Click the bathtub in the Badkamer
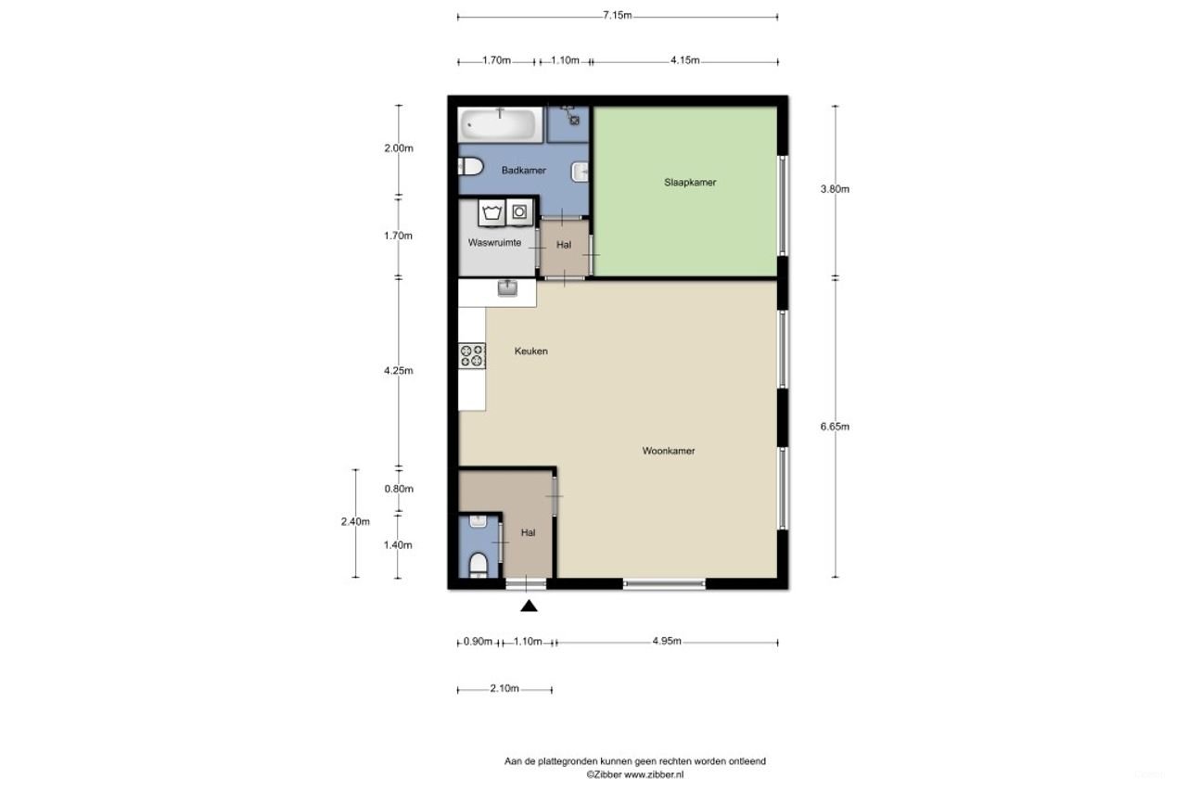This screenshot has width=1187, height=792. pos(500,123)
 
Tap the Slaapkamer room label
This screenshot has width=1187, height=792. pos(690,183)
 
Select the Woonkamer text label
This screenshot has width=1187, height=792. pos(669,452)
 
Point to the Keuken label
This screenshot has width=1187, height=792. pos(531,351)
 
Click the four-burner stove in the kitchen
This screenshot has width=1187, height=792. pos(472,355)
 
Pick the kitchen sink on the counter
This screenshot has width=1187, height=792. pos(507,288)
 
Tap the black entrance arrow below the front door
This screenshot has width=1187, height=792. pos(529,607)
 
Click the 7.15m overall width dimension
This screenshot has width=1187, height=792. pos(617,15)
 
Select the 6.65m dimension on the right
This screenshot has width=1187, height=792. pos(835,427)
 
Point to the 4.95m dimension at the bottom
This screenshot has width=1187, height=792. pos(667,641)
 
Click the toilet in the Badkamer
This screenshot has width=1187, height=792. pos(470,167)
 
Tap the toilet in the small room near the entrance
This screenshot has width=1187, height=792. pos(479,564)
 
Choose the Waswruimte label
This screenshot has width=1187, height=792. pos(494,243)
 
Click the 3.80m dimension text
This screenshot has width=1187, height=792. pos(835,189)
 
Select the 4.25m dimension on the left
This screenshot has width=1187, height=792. pos(399,371)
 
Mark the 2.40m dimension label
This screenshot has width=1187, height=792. pos(355,521)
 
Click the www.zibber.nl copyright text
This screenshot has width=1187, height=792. pos(634,773)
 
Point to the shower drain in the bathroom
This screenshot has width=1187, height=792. pos(574,120)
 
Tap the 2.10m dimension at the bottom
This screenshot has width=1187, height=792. pos(504,689)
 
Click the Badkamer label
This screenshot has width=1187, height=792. pos(523,171)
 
